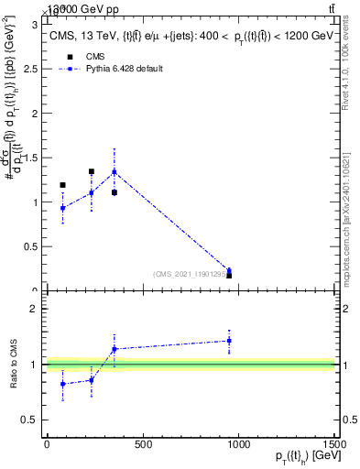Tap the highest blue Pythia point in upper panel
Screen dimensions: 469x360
click(x=115, y=171)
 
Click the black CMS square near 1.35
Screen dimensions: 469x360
click(x=92, y=171)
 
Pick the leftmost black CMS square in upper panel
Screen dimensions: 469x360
click(x=62, y=185)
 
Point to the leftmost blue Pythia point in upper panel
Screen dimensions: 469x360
click(x=62, y=208)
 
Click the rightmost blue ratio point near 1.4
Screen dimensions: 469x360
click(x=229, y=341)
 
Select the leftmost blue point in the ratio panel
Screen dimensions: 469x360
click(x=62, y=384)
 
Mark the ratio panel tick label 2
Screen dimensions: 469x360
click(x=38, y=309)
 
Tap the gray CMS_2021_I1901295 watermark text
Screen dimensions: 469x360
click(x=191, y=273)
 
